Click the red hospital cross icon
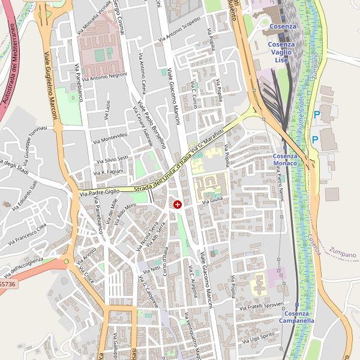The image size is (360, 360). tap(178, 205)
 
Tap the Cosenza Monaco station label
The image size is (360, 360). tap(285, 160)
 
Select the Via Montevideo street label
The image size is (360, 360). tap(110, 139)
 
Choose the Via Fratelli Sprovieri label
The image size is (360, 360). tap(261, 306)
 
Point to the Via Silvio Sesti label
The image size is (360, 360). tap(112, 159)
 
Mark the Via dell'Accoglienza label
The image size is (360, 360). tap(22, 263)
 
